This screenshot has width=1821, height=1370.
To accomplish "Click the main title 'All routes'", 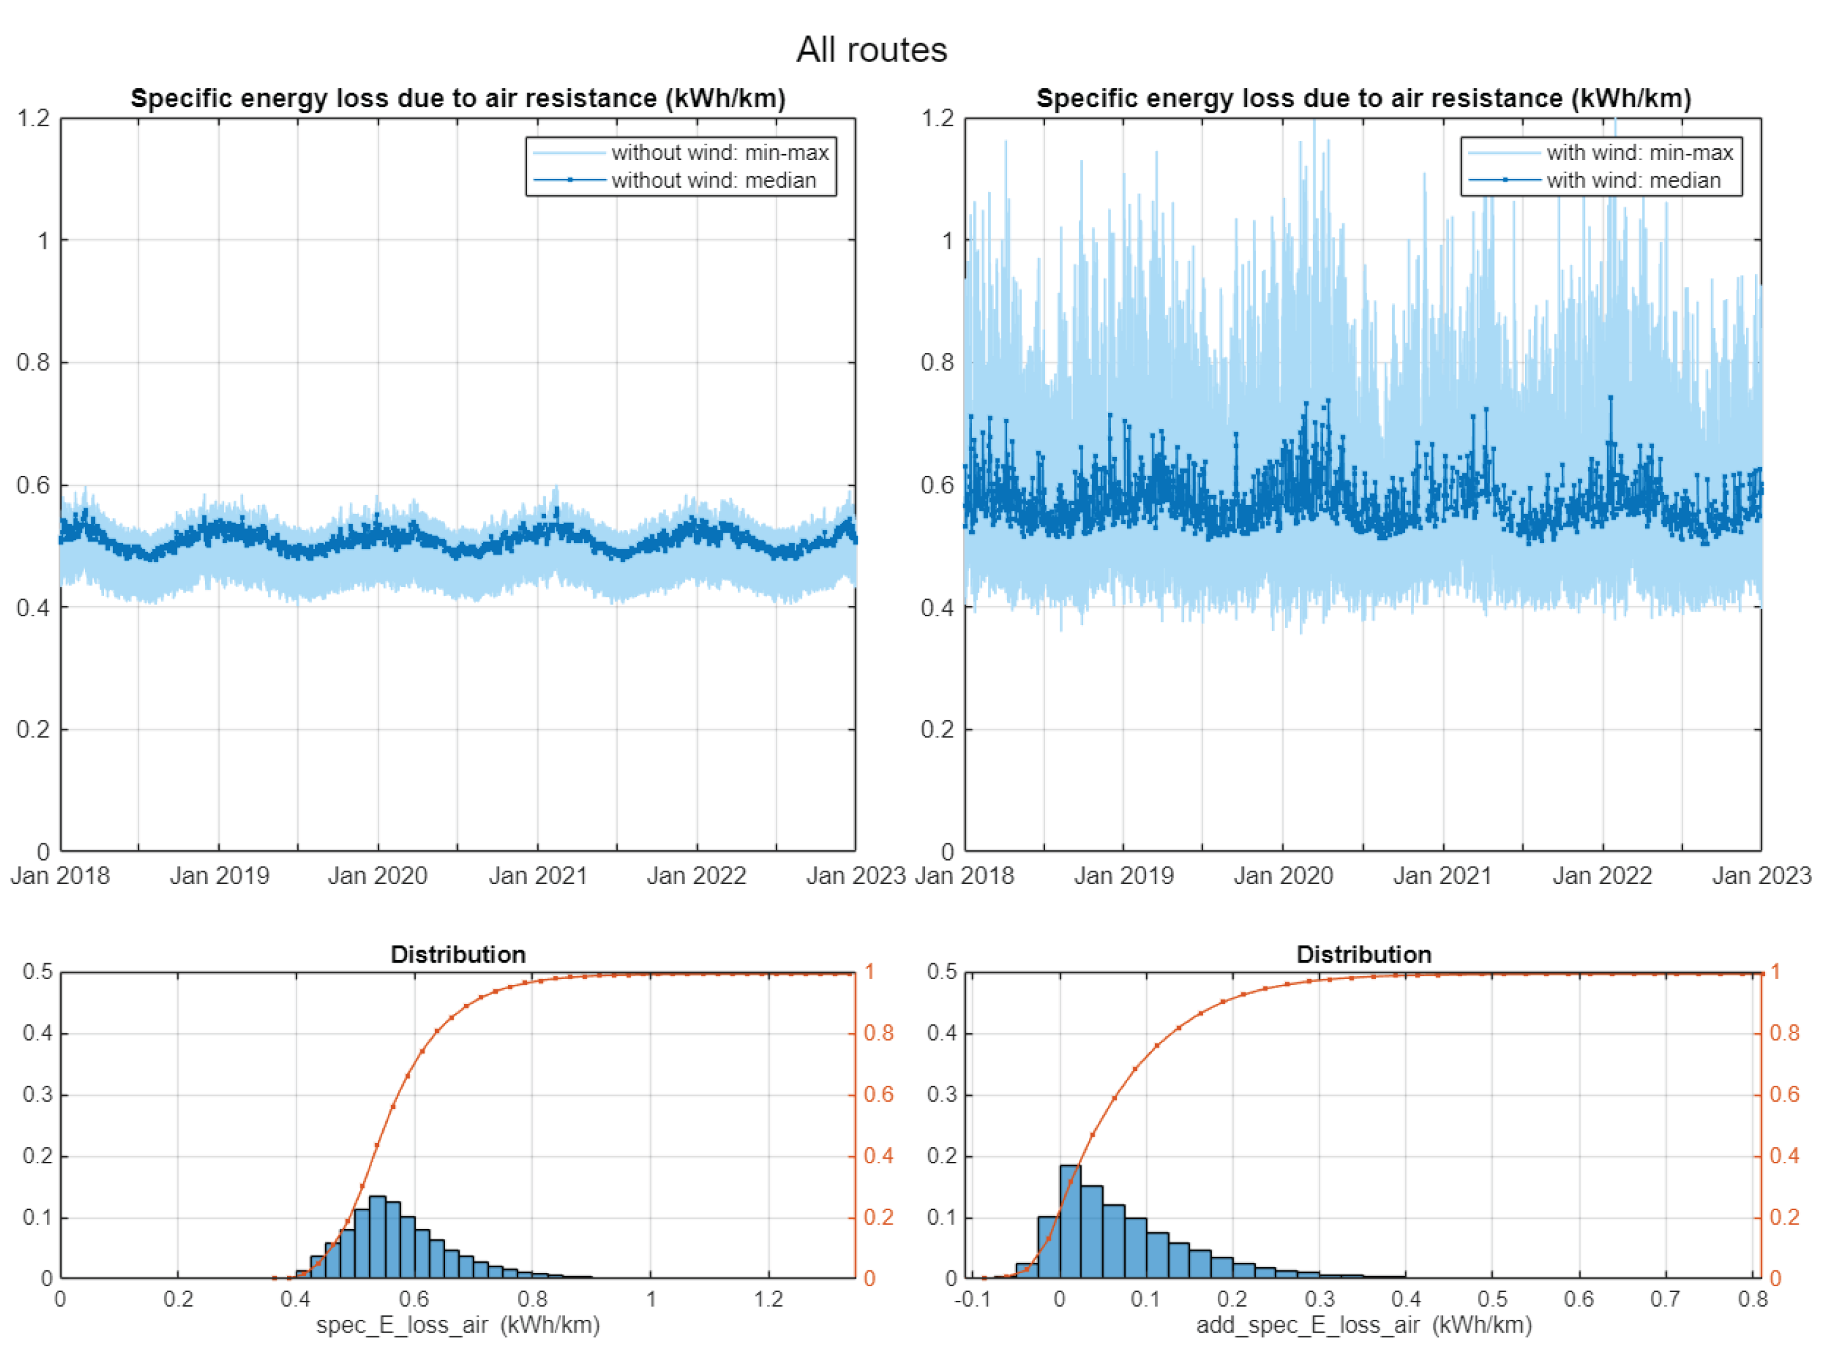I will pos(872,50).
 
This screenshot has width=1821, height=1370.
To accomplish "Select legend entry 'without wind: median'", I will pos(713,180).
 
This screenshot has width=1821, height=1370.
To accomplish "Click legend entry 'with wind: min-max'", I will pos(1639,153).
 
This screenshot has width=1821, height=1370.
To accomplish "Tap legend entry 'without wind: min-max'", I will pos(719,153).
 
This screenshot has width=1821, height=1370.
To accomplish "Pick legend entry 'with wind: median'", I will pos(1633,180).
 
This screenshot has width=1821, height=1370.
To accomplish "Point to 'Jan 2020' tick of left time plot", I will pos(378,876).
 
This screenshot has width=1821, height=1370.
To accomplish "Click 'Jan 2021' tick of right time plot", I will pos(1443,876).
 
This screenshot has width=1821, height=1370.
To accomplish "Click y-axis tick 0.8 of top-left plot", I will pos(33,363).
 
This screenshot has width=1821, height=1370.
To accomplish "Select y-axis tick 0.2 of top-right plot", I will pos(937,730).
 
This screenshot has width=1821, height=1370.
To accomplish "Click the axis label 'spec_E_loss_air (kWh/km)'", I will pos(458,1326).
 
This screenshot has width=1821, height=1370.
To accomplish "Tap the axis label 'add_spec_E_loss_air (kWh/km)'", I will pos(1363,1326).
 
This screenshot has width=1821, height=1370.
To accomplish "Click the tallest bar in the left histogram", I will pos(378,1239).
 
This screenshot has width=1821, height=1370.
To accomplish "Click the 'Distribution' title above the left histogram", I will pos(458,954).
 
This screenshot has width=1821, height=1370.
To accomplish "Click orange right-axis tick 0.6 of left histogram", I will pos(878,1095).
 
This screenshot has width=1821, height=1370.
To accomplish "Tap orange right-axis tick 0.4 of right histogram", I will pos(1784,1156).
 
